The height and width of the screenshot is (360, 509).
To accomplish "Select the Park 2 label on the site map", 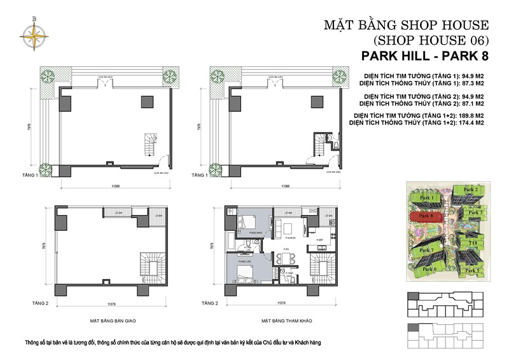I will coord(470,190).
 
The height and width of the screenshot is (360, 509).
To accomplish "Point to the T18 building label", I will coord(473,242).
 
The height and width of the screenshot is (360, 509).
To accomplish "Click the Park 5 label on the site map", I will coord(471,270).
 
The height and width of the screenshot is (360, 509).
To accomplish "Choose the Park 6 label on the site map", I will coord(429,269).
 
